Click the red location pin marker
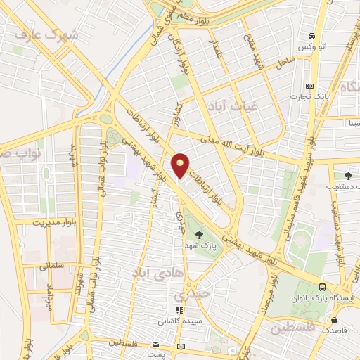tap(181, 164)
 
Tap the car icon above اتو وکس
tap(310, 35)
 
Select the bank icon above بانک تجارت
tap(310, 86)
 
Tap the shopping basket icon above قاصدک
tap(332, 317)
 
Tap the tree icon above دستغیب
tap(349, 176)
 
